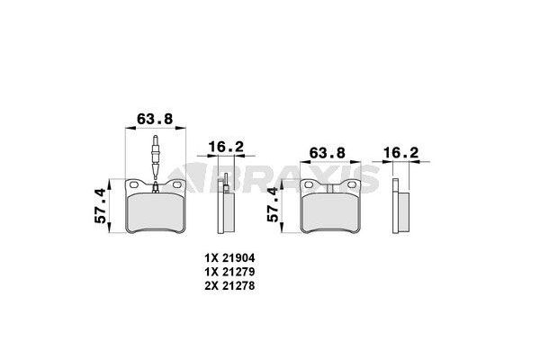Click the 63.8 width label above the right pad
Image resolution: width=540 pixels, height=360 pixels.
[x=326, y=154]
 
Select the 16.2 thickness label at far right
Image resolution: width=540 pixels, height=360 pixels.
[x=400, y=154]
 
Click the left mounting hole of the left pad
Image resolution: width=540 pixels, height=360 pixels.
[x=137, y=187]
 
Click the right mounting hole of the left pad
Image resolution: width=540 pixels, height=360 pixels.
[x=175, y=187]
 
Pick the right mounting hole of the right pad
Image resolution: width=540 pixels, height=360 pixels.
[x=352, y=188]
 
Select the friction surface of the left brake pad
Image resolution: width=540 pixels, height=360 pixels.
[x=156, y=212]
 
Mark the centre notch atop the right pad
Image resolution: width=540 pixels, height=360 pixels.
[x=332, y=185]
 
